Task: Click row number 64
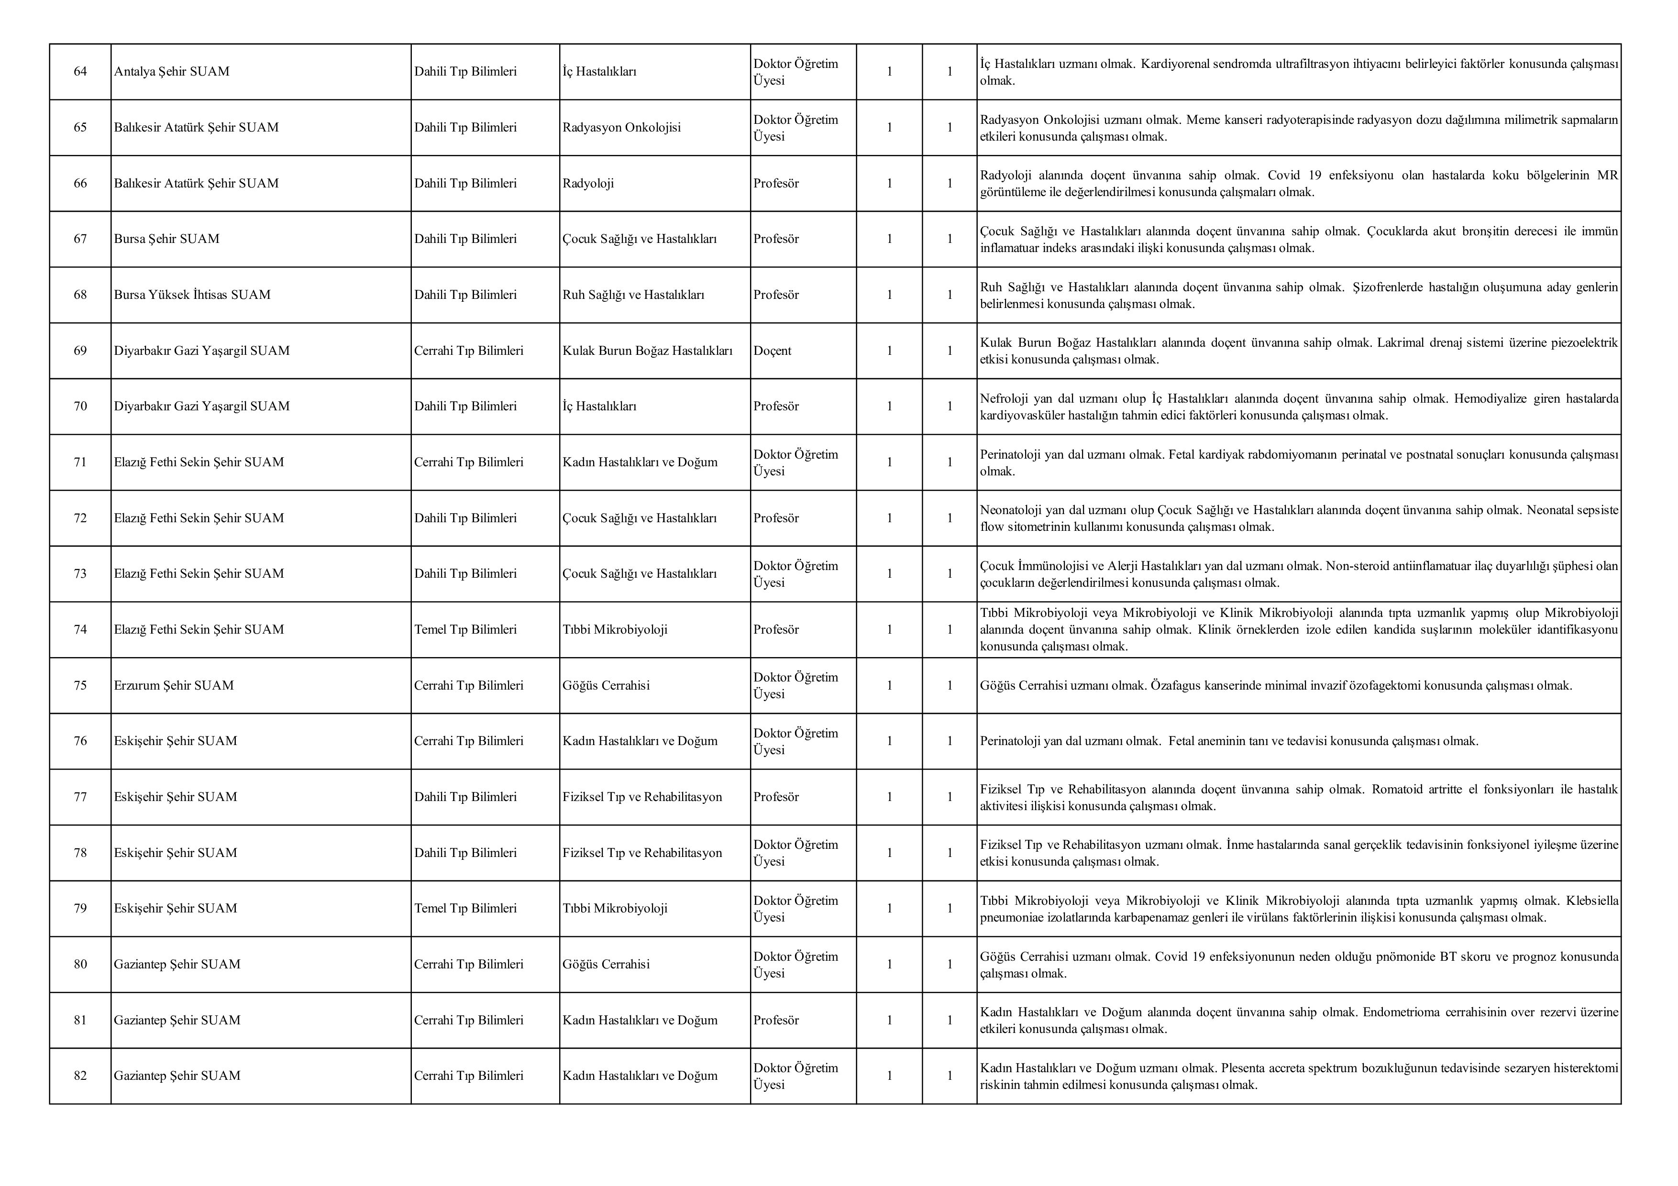pos(80,72)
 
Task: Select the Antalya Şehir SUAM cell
pos(172,72)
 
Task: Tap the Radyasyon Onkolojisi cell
pos(621,127)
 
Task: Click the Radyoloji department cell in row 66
pos(588,184)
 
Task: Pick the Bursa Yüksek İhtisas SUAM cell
pos(192,295)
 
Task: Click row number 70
pos(80,406)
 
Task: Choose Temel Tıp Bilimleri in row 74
pos(465,630)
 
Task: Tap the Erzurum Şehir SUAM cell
pos(174,685)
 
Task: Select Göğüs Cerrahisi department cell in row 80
pos(606,965)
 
